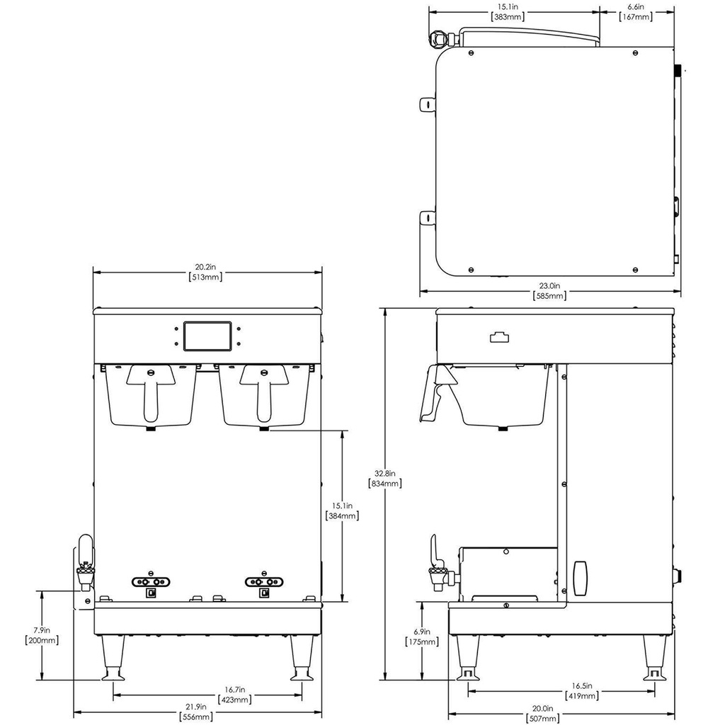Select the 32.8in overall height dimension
click(384, 479)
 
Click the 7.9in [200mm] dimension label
click(42, 634)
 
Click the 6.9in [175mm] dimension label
click(422, 636)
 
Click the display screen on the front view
click(207, 336)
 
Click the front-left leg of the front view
click(113, 658)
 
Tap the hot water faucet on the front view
click(85, 563)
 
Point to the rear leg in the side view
click(656, 658)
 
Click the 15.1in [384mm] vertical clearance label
click(342, 511)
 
